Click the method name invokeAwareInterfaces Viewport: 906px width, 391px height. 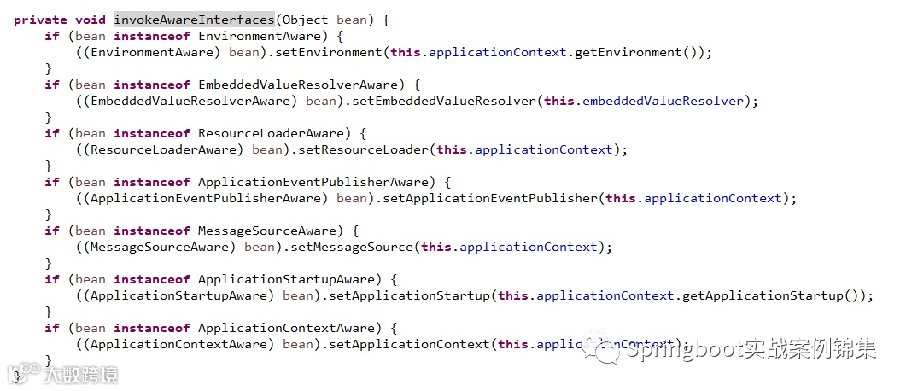click(x=194, y=20)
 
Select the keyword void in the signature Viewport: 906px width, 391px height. click(x=91, y=20)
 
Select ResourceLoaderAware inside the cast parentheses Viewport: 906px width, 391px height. click(x=162, y=149)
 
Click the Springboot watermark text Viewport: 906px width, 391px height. click(x=751, y=351)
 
